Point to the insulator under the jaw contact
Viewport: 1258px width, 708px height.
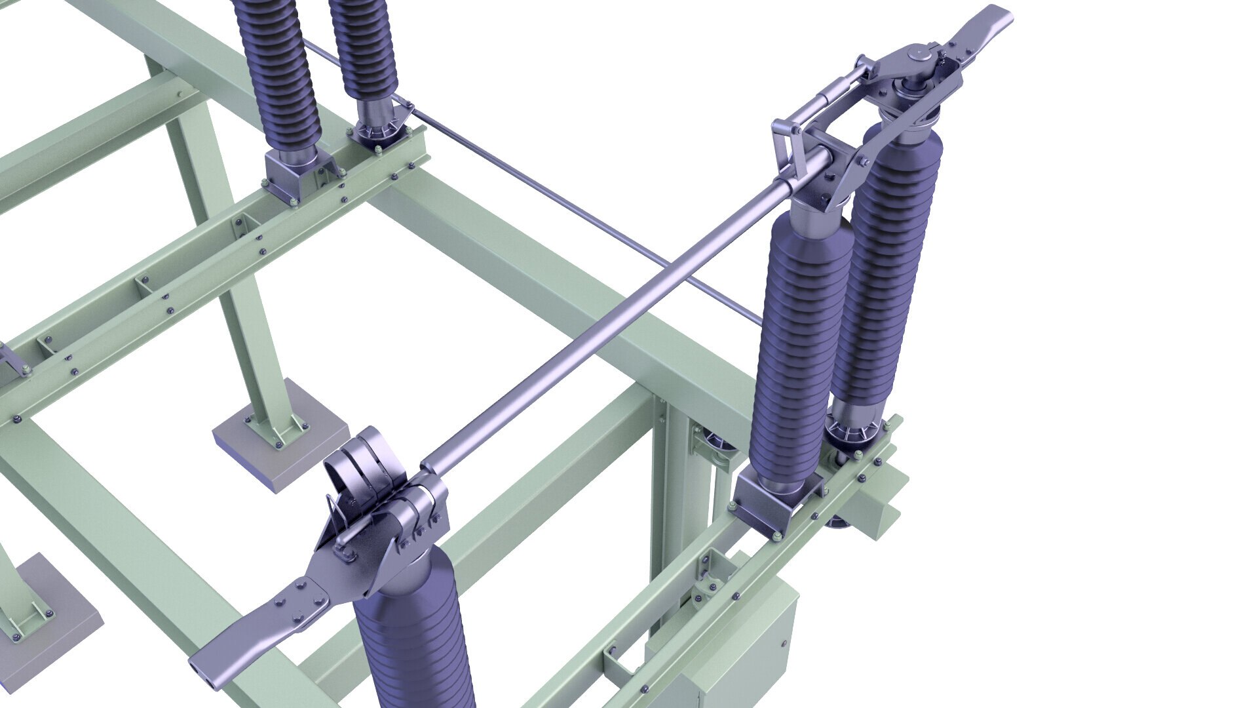click(413, 636)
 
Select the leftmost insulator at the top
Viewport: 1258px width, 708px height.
click(278, 66)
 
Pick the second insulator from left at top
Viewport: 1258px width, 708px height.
click(364, 46)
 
